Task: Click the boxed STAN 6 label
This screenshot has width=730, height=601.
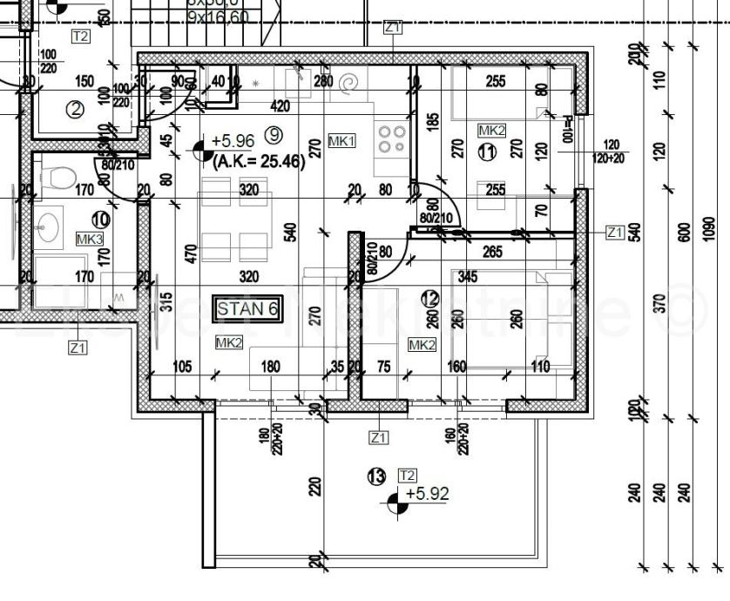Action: click(x=248, y=309)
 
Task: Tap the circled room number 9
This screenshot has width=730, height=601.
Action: click(x=274, y=135)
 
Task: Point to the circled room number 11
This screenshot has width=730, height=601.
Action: click(x=487, y=152)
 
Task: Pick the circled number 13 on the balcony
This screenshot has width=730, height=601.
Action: click(x=377, y=476)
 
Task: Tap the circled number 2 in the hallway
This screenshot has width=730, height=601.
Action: click(x=76, y=110)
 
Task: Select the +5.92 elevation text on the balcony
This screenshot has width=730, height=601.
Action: click(x=429, y=494)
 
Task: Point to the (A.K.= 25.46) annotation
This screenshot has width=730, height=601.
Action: click(x=258, y=160)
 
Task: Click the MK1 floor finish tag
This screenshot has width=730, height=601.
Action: click(x=341, y=141)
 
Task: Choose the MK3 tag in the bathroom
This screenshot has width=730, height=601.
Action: click(x=89, y=239)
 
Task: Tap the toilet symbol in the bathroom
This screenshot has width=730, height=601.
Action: click(x=59, y=179)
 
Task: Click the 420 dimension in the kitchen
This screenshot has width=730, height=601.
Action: click(x=280, y=106)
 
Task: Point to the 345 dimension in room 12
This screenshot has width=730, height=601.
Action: click(x=467, y=278)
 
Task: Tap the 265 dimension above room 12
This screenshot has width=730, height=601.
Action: click(x=492, y=252)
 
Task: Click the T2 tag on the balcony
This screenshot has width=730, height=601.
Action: click(x=407, y=475)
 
